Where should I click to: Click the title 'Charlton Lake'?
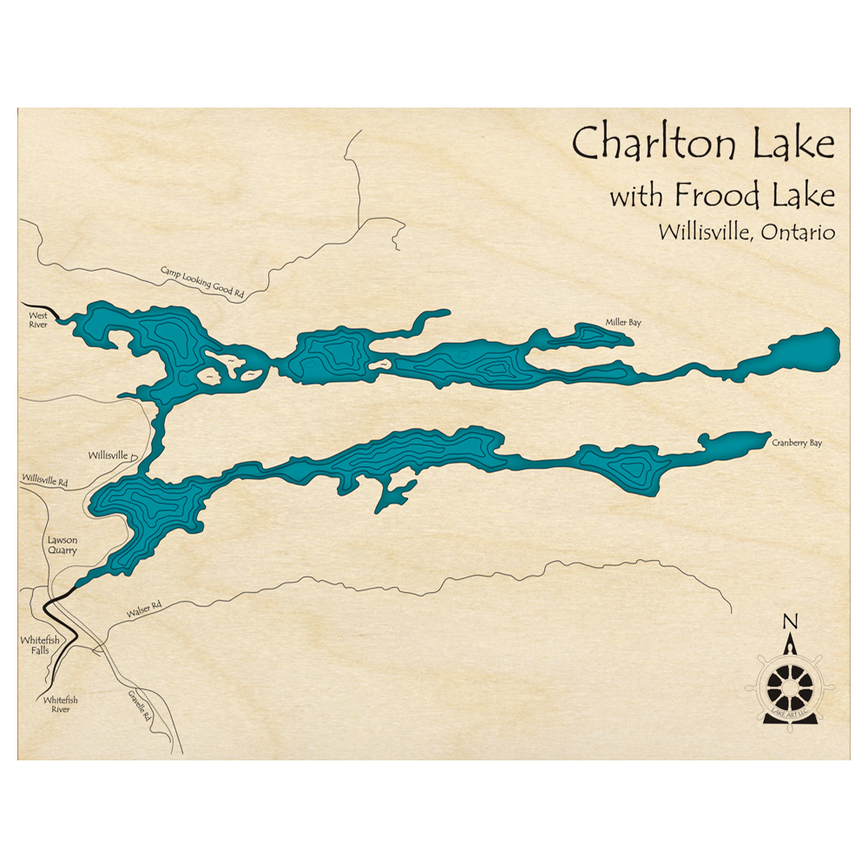click(702, 143)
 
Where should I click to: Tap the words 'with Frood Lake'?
click(721, 195)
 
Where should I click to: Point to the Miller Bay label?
click(623, 323)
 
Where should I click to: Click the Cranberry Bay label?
click(796, 443)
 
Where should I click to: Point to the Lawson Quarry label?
click(62, 545)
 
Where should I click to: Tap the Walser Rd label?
click(144, 611)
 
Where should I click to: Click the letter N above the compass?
click(790, 621)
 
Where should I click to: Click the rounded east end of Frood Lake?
click(816, 346)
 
